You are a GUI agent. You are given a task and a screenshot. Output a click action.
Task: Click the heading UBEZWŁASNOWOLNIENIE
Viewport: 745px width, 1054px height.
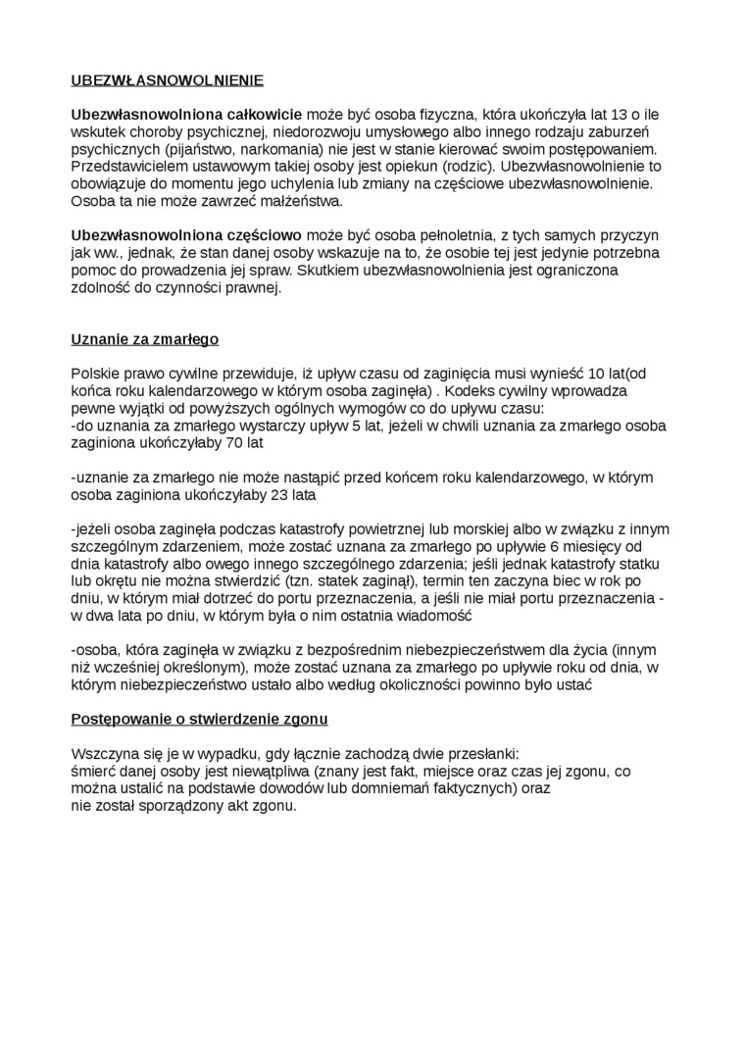click(168, 80)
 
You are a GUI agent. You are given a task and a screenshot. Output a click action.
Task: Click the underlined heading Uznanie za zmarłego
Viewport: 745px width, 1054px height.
click(145, 339)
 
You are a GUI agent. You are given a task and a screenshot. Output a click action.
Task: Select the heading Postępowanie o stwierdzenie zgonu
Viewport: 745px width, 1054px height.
click(199, 719)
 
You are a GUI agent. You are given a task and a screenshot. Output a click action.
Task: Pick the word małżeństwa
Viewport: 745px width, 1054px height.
click(294, 201)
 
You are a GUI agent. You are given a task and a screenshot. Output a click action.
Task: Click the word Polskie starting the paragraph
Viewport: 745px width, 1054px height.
click(96, 374)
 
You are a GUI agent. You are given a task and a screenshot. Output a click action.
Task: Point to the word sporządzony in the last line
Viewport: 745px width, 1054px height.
click(181, 806)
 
